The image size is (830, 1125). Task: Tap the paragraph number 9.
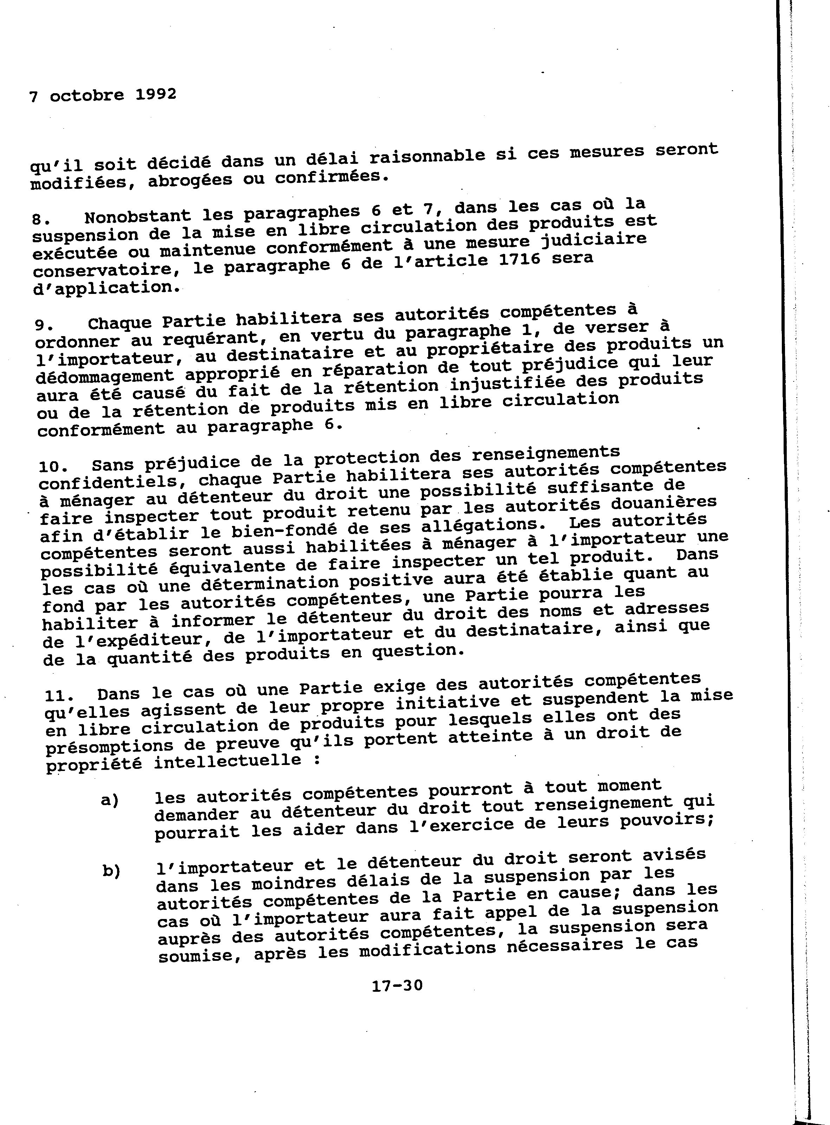(x=42, y=325)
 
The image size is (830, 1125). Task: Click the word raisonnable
(x=427, y=156)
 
